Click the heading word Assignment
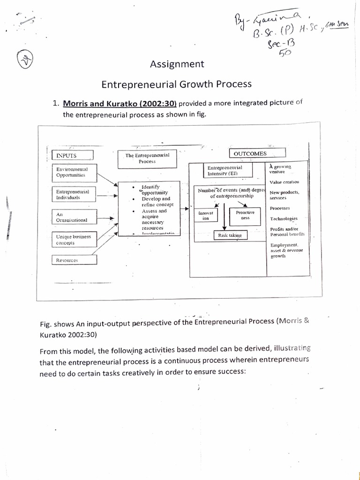177,64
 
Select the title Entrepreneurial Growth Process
177,84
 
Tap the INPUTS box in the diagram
73,155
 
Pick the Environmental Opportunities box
75,172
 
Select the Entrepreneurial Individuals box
74,195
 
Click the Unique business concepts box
74,240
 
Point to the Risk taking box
230,236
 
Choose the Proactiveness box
245,215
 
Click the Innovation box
206,216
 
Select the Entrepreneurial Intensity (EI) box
225,171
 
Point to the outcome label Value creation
285,182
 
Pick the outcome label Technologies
284,219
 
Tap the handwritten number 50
285,52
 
